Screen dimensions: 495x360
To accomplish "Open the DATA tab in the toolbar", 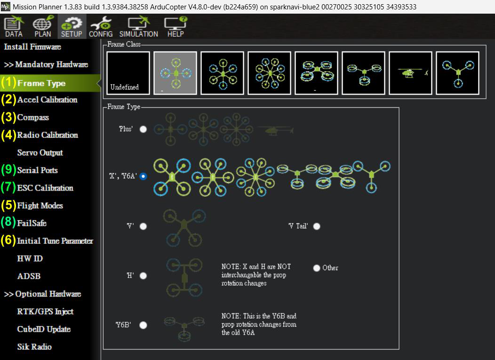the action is (14, 27).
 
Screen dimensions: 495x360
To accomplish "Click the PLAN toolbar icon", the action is (43, 27).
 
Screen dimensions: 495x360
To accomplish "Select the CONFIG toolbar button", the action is (101, 27).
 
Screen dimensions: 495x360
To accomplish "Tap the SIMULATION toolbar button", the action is (139, 27).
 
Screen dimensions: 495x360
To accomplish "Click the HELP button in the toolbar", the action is (176, 27).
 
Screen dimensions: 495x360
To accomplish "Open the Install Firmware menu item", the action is (32, 47).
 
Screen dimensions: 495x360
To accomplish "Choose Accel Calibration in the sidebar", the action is (48, 100).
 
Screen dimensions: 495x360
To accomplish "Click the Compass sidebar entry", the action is (33, 118).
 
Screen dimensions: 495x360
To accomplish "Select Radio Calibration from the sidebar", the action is (48, 135).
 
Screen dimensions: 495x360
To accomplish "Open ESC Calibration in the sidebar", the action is (45, 188).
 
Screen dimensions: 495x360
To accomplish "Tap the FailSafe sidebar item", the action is (32, 223).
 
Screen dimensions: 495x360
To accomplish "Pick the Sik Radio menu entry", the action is (34, 347).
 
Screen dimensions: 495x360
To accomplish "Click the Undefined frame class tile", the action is (128, 73).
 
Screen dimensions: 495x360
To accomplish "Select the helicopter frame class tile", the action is (410, 73).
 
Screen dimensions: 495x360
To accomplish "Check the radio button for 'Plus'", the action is (144, 129).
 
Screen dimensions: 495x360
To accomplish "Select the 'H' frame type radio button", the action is (144, 276).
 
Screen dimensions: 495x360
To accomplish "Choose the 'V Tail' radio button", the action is (317, 226).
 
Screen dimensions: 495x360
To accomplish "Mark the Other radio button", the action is (317, 268).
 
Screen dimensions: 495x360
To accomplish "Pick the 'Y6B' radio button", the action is (144, 325).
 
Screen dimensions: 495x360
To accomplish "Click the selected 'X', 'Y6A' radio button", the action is (144, 176).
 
